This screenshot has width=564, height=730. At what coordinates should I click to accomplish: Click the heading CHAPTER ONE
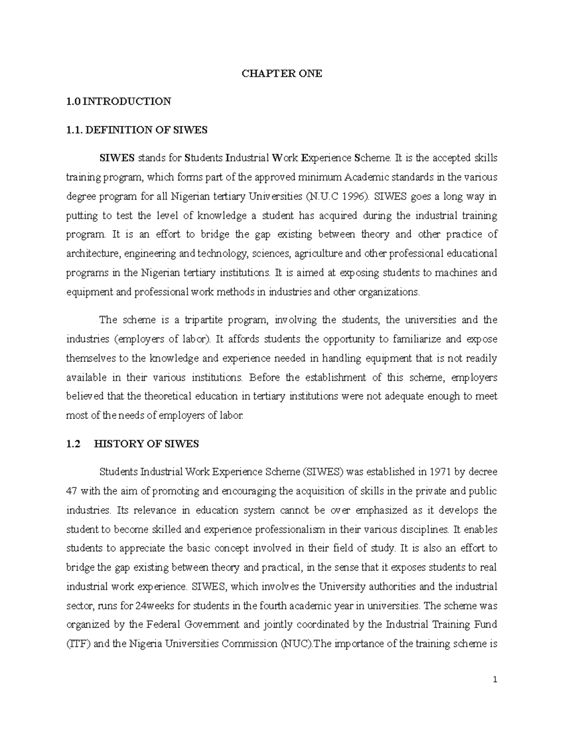click(x=282, y=73)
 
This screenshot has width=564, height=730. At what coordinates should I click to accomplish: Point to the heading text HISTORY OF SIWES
click(x=147, y=443)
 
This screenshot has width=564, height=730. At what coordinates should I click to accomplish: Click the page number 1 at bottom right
click(x=495, y=680)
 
